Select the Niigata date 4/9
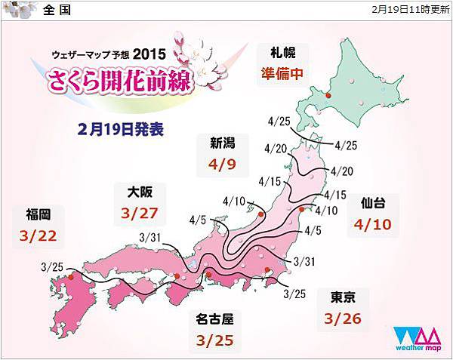(217, 162)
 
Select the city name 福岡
(40, 214)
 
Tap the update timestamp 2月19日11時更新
(411, 10)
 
